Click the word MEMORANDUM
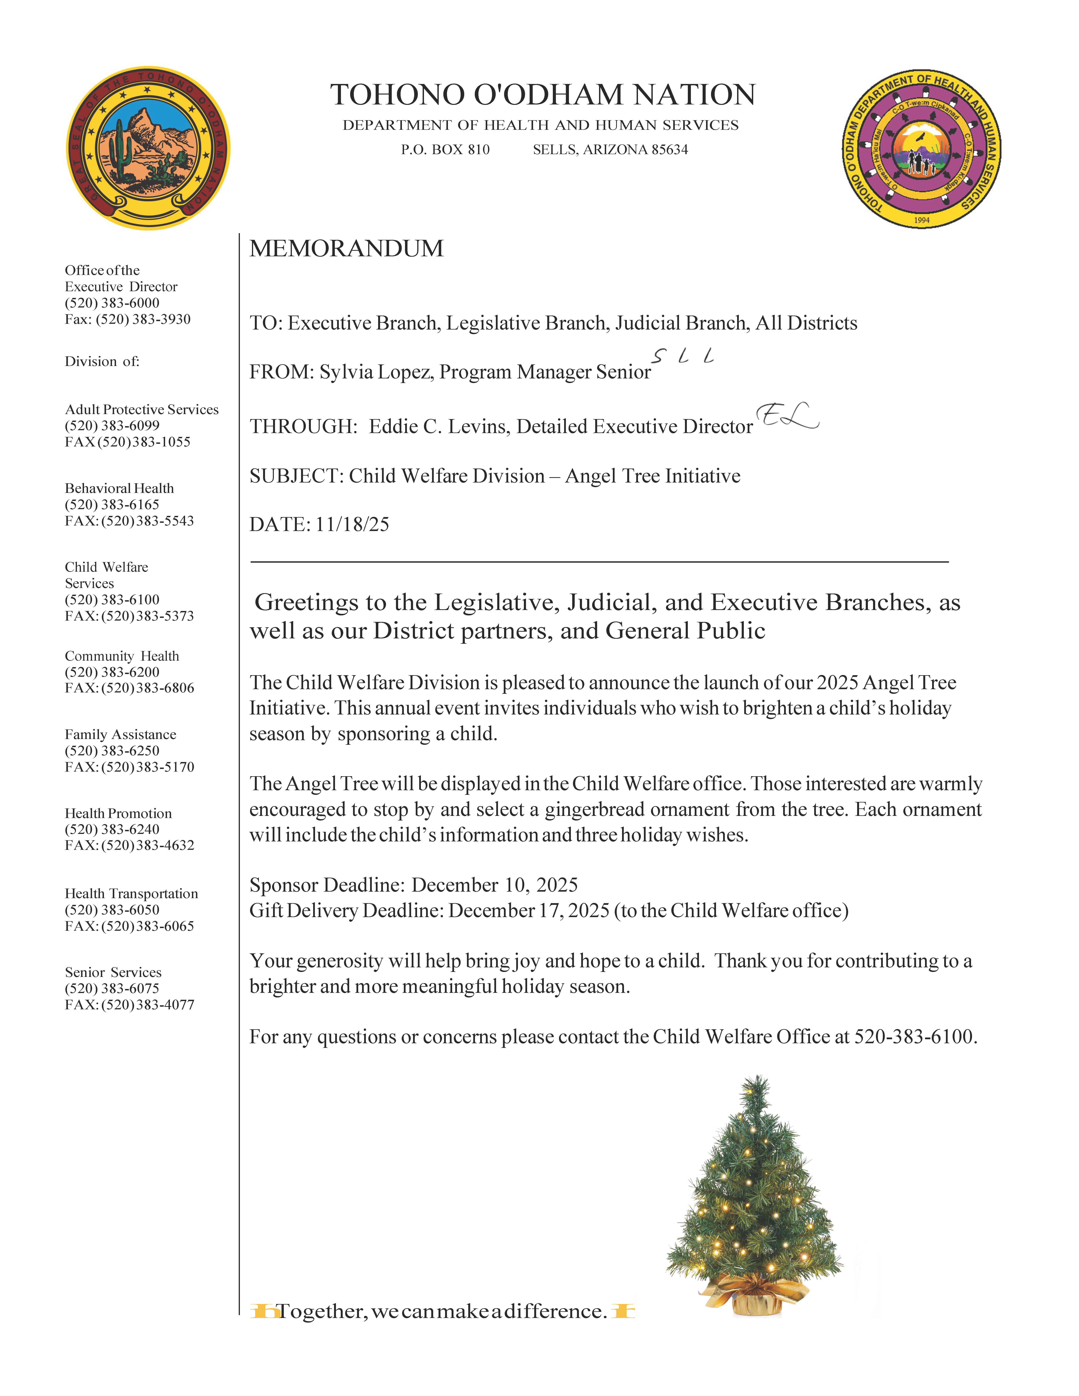click(x=346, y=249)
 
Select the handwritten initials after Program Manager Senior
click(x=683, y=357)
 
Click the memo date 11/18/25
click(x=352, y=525)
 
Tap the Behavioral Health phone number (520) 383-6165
click(x=112, y=504)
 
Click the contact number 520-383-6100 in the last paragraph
click(x=914, y=1037)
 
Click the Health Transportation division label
click(x=131, y=894)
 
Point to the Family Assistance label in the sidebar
click(x=120, y=734)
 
